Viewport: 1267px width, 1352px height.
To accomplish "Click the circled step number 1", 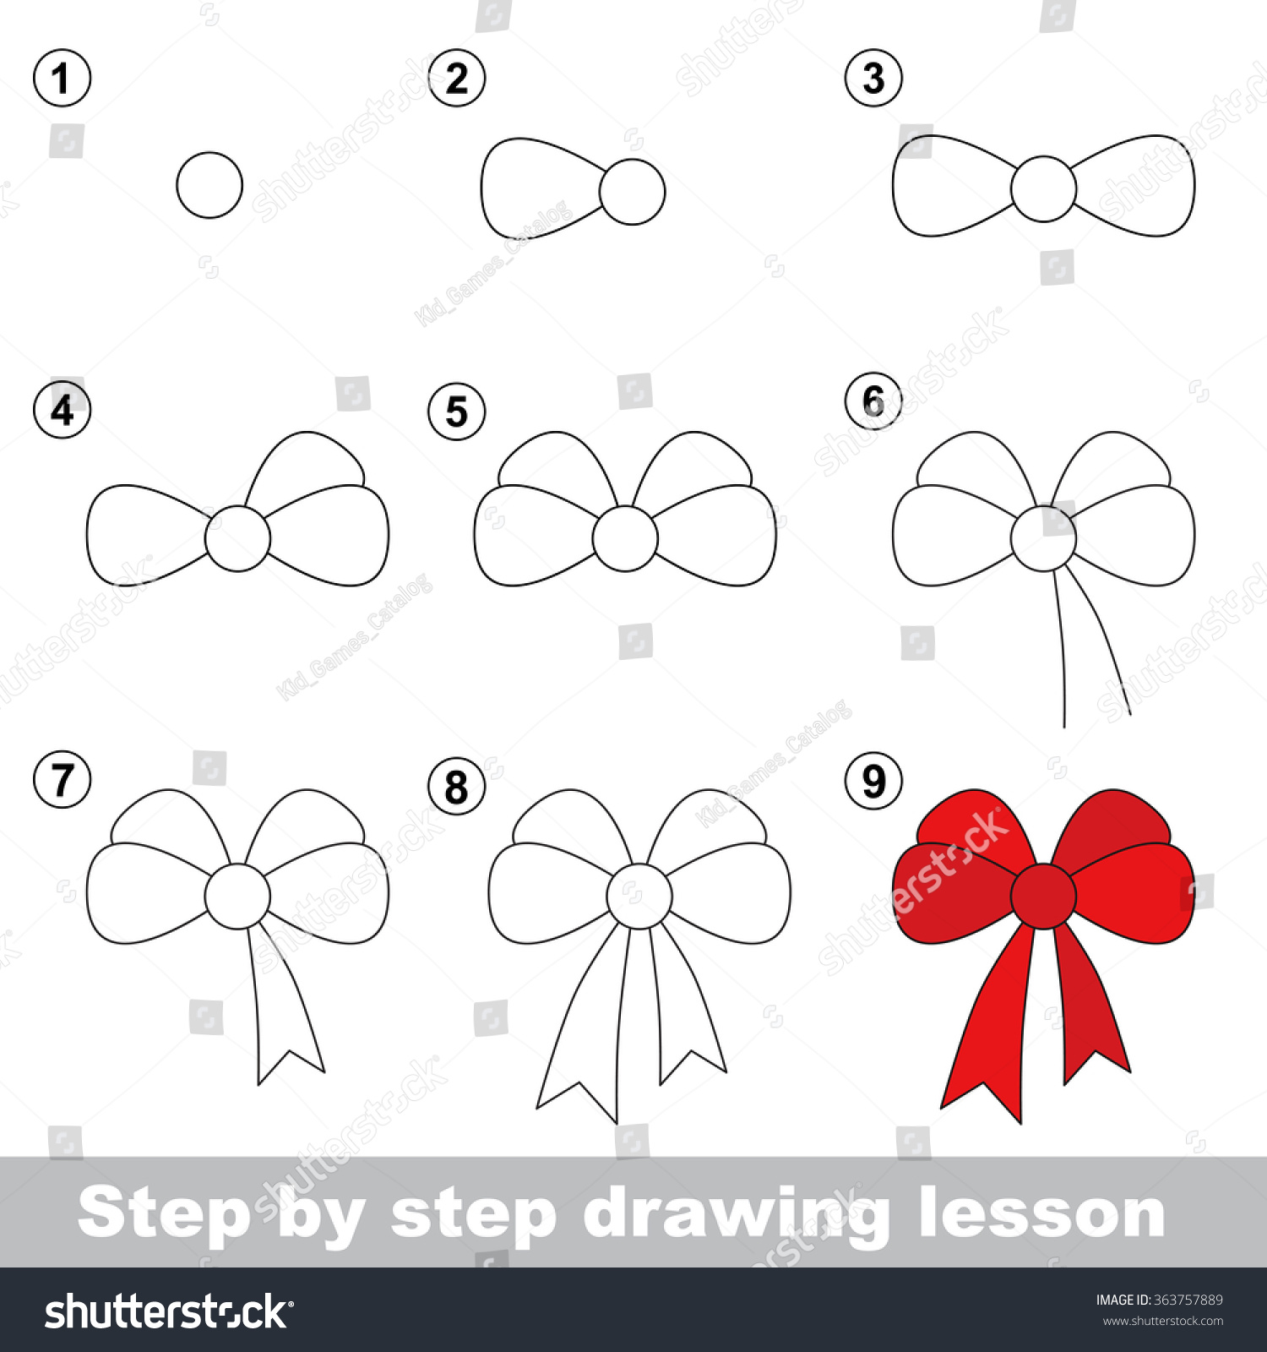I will point(62,79).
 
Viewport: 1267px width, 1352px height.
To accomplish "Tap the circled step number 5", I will point(456,412).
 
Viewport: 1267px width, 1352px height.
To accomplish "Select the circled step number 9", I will point(873,781).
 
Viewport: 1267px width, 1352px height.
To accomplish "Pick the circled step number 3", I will point(873,79).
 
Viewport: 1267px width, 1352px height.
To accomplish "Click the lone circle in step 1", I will point(209,185).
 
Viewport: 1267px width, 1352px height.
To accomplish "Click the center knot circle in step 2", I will point(633,192).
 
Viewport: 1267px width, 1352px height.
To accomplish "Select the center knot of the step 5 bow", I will point(625,538).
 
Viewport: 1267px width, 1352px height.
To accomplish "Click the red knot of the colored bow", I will point(1043,896).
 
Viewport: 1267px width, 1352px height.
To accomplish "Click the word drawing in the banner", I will point(735,1214).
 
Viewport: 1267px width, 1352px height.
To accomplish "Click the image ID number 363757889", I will point(1188,1300).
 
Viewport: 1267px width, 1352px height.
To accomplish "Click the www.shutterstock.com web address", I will point(1162,1321).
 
